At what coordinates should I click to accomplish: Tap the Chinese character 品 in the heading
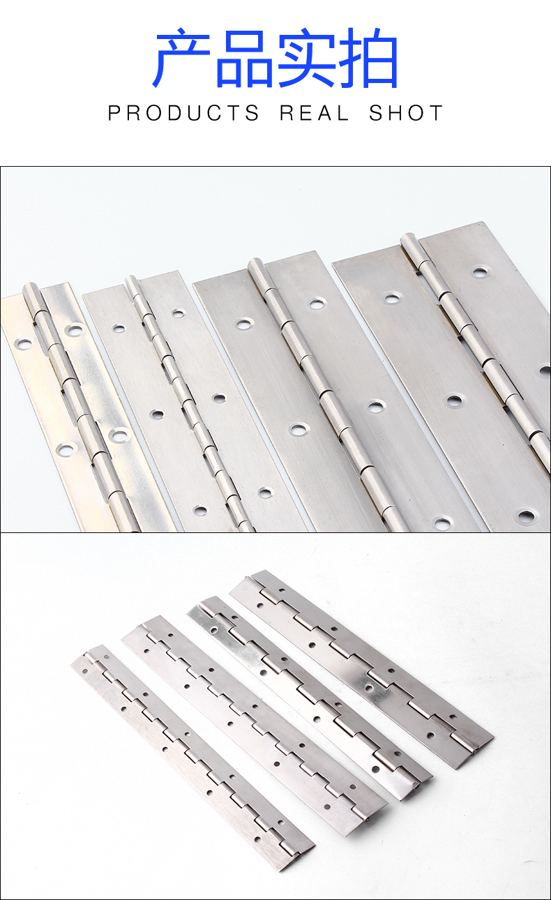click(x=245, y=59)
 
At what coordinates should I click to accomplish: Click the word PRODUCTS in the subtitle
click(x=183, y=113)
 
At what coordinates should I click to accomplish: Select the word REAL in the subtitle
click(x=314, y=113)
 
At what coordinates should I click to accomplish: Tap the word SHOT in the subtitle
click(x=406, y=113)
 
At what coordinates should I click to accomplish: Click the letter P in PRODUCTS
click(x=114, y=113)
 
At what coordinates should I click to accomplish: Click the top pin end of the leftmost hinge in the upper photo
click(x=30, y=288)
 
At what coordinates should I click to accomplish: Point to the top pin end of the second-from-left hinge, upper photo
click(x=131, y=279)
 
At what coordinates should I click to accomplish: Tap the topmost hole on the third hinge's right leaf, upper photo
click(x=317, y=303)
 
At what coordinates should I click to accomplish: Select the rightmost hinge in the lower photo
click(x=361, y=669)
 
